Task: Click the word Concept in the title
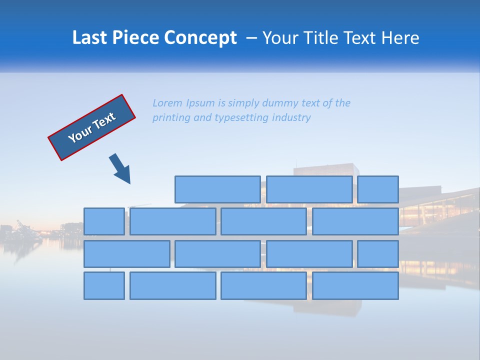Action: [200, 38]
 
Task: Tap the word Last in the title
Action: [90, 38]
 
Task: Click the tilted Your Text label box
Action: [92, 127]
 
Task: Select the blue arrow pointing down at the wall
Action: [120, 169]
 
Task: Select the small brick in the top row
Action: [378, 189]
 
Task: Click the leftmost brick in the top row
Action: [217, 189]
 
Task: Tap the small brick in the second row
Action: [104, 221]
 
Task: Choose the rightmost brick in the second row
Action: [355, 221]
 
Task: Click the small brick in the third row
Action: [378, 254]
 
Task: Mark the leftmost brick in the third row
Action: [126, 254]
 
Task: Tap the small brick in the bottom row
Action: [104, 286]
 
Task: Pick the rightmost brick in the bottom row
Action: [355, 286]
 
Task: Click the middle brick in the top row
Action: [309, 189]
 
